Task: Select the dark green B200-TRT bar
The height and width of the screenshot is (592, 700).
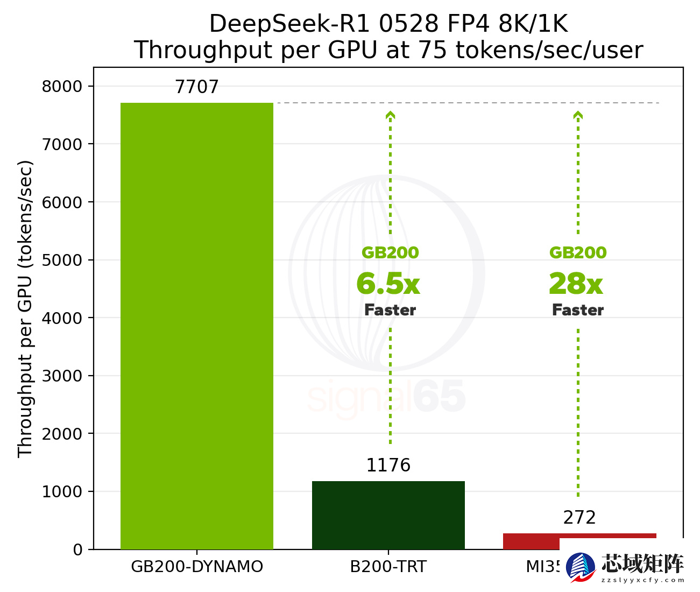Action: [x=388, y=515]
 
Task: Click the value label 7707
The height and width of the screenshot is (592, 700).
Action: [x=197, y=87]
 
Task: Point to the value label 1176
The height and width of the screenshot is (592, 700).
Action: [x=388, y=466]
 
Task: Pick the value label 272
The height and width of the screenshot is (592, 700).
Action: [x=579, y=518]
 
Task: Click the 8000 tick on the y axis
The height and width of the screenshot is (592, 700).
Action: [x=62, y=87]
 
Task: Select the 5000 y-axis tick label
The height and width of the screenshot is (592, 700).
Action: [x=62, y=260]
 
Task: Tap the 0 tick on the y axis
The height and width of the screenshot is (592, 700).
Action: [x=78, y=550]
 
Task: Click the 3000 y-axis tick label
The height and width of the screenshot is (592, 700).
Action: [x=62, y=376]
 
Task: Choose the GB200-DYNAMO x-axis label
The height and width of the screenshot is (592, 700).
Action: [x=197, y=567]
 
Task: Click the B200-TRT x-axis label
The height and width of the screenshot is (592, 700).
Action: [x=388, y=567]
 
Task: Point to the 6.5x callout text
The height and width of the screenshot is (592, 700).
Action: [x=388, y=284]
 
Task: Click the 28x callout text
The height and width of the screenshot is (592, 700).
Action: [x=576, y=284]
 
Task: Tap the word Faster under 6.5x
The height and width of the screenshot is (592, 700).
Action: [x=390, y=310]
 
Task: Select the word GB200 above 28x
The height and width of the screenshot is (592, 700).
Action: [x=578, y=253]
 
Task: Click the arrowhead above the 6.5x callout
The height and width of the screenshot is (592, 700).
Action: [x=391, y=115]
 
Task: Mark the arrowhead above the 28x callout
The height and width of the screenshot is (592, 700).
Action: [x=578, y=115]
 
